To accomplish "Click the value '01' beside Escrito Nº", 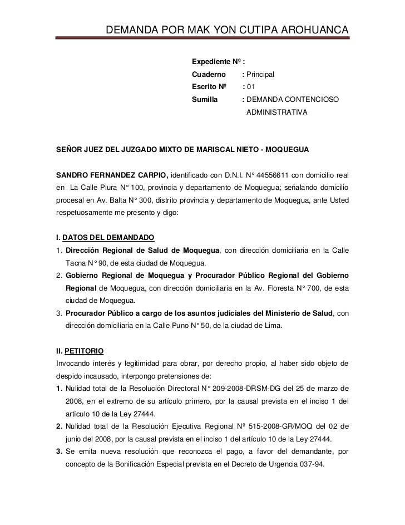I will tap(251, 87).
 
